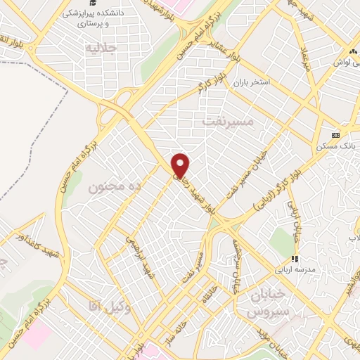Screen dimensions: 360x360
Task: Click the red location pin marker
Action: tap(181, 165)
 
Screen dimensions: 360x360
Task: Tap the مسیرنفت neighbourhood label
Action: tap(226, 122)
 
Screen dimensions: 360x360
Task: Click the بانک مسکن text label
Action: tap(335, 146)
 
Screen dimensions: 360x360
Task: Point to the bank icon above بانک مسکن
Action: tap(335, 134)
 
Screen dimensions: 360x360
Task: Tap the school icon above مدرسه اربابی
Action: tap(297, 258)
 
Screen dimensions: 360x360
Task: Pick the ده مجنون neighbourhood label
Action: tap(115, 186)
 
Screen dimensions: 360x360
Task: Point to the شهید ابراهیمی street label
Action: tap(138, 254)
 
